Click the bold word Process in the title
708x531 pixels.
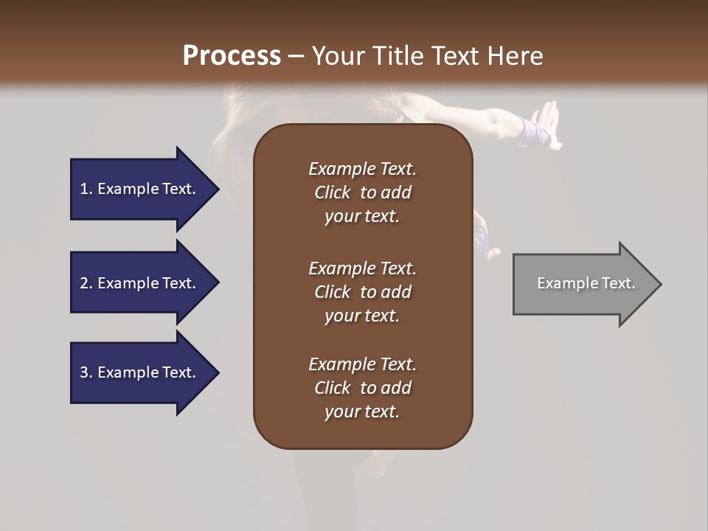tap(232, 56)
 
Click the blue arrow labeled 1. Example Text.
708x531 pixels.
tap(140, 189)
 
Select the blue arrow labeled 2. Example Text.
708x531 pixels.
tap(140, 283)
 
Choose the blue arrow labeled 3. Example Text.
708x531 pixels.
tap(140, 372)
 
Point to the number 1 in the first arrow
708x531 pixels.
tap(84, 189)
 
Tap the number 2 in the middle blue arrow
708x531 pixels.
tap(84, 283)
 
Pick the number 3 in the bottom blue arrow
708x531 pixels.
tap(84, 372)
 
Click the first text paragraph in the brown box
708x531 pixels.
tap(362, 192)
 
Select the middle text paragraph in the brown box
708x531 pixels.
tap(362, 291)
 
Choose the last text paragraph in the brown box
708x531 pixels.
tap(362, 388)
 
